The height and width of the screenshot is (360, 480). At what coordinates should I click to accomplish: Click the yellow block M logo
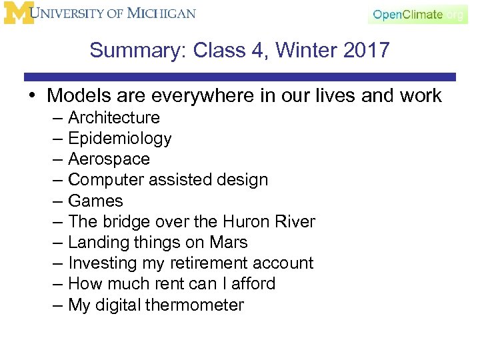point(18,13)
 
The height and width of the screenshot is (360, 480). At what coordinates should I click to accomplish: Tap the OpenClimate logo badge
point(417,15)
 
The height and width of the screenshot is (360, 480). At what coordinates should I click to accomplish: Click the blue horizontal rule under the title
point(240,77)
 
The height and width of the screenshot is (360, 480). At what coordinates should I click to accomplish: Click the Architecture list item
point(114,118)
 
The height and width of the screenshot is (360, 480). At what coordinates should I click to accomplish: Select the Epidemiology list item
point(120,139)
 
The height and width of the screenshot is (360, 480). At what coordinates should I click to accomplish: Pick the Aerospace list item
point(109,159)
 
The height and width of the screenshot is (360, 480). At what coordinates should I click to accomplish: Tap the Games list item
point(95,201)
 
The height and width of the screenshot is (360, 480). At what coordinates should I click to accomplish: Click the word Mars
point(227,242)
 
